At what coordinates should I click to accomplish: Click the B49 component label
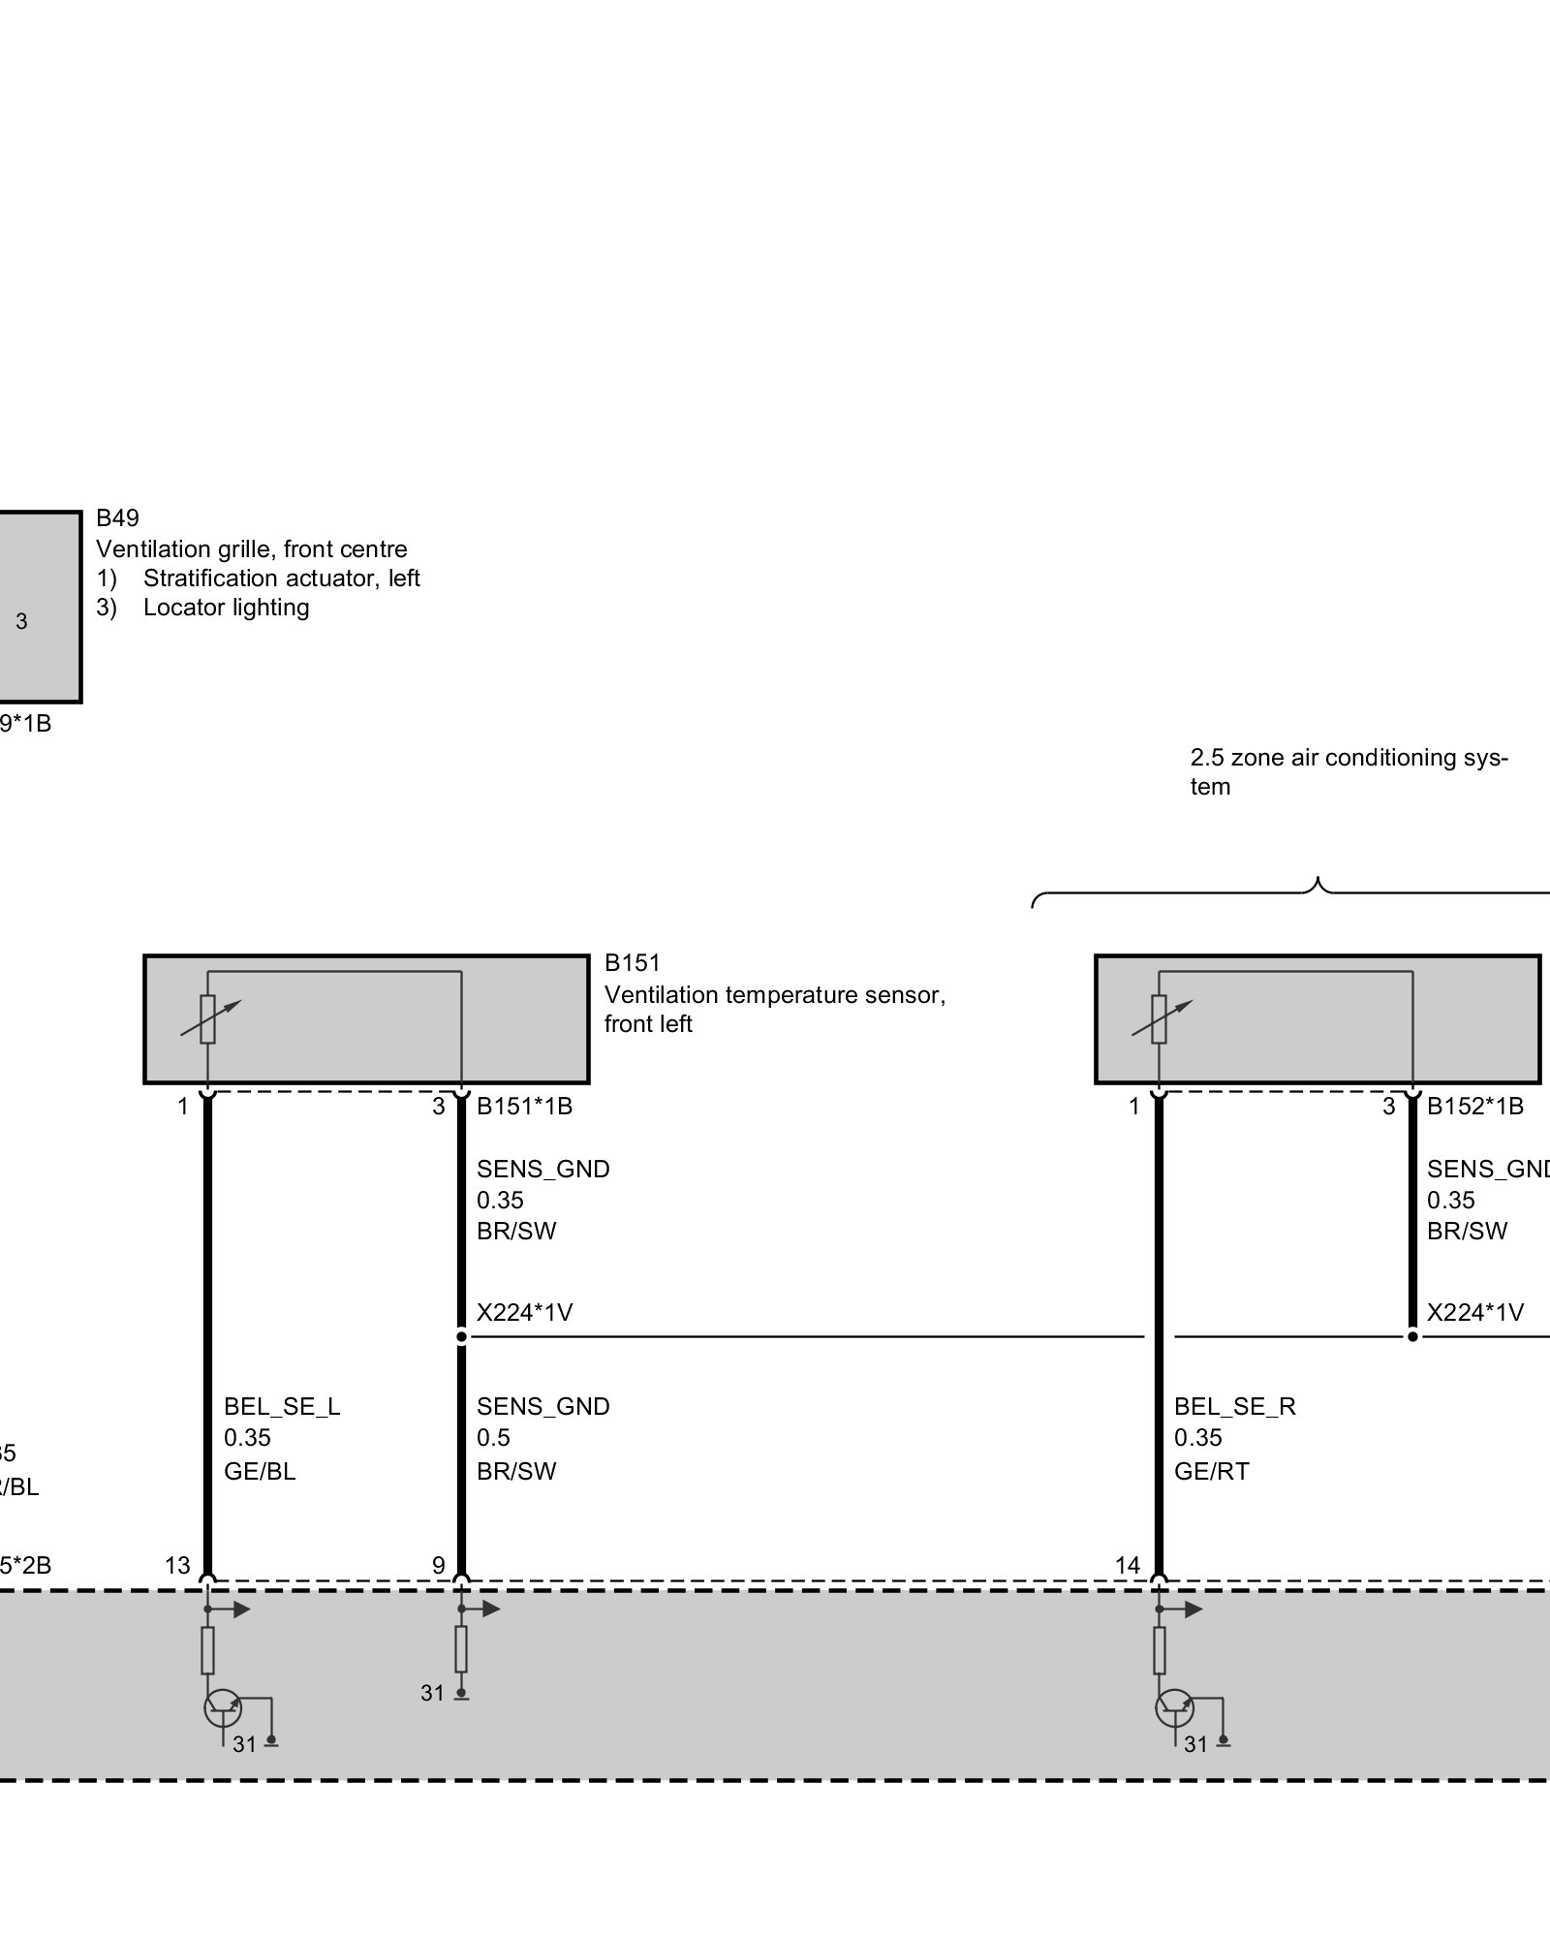(x=117, y=518)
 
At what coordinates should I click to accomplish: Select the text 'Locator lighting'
(x=226, y=608)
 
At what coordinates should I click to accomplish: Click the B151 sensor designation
(x=632, y=963)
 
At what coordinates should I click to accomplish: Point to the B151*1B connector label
(x=524, y=1106)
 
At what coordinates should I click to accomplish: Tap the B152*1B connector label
(x=1474, y=1106)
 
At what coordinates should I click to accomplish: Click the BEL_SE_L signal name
(x=282, y=1406)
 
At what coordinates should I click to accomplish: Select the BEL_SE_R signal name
(x=1234, y=1406)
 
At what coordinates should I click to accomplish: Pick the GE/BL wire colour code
(x=260, y=1471)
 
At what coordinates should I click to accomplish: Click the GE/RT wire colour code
(x=1211, y=1471)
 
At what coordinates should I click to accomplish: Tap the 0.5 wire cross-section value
(x=493, y=1438)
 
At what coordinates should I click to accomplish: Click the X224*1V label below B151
(x=524, y=1313)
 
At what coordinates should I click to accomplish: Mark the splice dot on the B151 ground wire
(x=462, y=1337)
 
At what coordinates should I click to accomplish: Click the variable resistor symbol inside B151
(x=208, y=1019)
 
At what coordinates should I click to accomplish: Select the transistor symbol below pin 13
(x=223, y=1707)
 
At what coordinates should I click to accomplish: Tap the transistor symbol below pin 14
(x=1174, y=1707)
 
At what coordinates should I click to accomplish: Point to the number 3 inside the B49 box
(x=22, y=622)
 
